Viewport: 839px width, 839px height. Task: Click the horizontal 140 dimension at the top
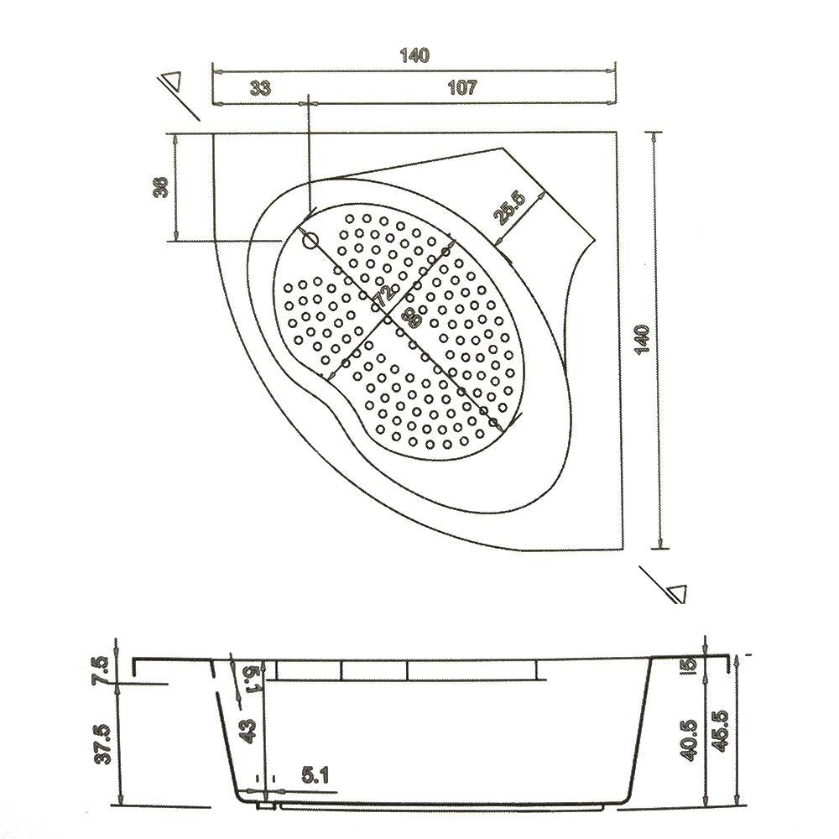tap(414, 56)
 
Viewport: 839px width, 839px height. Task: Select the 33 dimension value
tap(261, 87)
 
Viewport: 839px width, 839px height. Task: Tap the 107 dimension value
tap(462, 87)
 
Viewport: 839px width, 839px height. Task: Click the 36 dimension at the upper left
tap(161, 186)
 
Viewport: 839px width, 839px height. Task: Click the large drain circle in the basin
tap(310, 242)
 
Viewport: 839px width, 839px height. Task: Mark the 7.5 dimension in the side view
tap(102, 671)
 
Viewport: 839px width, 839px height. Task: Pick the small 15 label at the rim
tap(688, 665)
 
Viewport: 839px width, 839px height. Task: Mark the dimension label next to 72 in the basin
tap(408, 316)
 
